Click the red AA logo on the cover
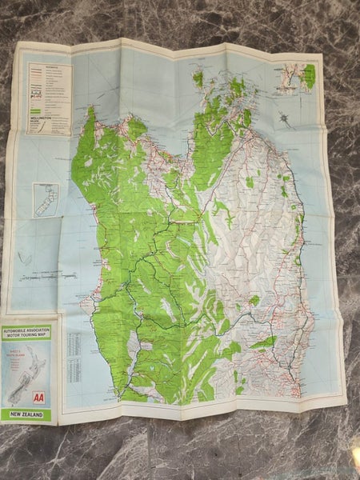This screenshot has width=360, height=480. tap(38, 397)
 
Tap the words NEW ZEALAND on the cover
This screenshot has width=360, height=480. tap(27, 414)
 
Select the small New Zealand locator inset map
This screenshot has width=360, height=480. tap(46, 199)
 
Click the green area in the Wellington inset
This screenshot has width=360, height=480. tap(309, 77)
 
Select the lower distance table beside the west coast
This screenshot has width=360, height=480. tap(75, 371)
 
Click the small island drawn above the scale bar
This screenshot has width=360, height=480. tap(26, 258)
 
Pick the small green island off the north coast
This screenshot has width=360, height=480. tap(198, 78)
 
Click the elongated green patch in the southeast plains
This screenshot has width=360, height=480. tap(263, 342)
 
